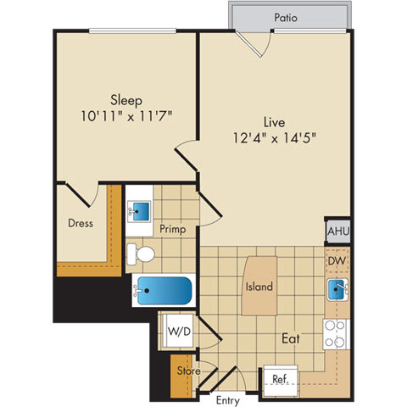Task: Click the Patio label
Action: coord(285,16)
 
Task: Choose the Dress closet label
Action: coord(81,224)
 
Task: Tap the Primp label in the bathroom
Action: coord(173,230)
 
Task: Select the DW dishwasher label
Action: coord(336,262)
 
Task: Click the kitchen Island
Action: coord(259,287)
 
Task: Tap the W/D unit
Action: coord(179,332)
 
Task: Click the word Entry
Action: coord(226,399)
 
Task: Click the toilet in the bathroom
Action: coord(142,254)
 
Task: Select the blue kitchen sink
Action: coord(338,290)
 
